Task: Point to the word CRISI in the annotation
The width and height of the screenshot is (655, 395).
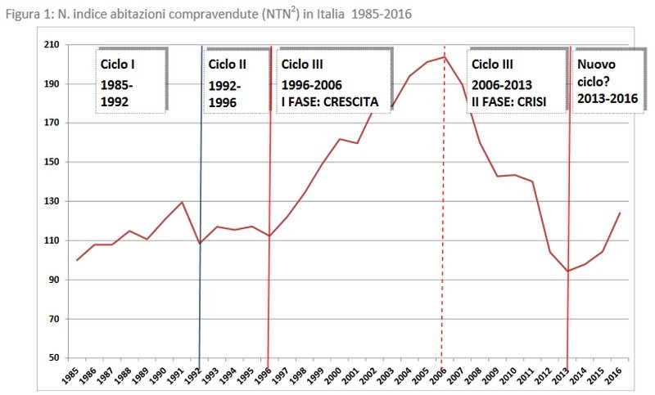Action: click(526, 103)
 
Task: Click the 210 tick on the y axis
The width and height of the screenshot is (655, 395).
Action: click(52, 45)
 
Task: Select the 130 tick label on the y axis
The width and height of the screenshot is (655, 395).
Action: click(52, 201)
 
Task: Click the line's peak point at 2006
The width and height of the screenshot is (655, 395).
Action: click(443, 56)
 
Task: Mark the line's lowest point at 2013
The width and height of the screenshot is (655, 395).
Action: click(567, 272)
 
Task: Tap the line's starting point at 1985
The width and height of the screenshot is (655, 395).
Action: click(77, 260)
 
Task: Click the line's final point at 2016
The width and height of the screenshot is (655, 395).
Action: click(620, 213)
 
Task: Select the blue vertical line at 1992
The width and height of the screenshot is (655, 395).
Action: click(200, 303)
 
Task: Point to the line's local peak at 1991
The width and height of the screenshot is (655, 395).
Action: click(183, 202)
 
